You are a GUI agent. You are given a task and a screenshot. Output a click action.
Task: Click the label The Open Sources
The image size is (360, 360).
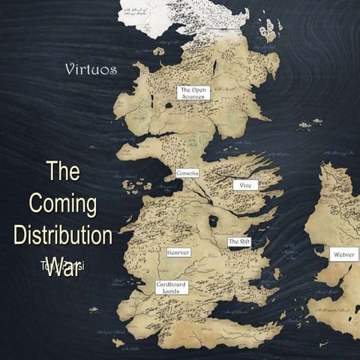[193, 93]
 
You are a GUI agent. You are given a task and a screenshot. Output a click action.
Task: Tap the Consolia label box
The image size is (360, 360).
[187, 173]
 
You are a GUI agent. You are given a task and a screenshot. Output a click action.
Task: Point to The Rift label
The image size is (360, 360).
[239, 241]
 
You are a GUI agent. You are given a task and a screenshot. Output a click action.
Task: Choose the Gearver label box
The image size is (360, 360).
[178, 252]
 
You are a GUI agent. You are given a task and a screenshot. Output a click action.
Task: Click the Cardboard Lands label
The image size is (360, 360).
[172, 286]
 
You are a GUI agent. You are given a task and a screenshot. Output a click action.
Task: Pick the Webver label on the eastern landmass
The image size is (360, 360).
[344, 255]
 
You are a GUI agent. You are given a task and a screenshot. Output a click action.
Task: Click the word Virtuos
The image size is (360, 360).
[91, 70]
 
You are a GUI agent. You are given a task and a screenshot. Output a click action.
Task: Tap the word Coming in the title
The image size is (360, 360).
[64, 203]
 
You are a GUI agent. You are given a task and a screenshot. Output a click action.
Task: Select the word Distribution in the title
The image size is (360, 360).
[63, 235]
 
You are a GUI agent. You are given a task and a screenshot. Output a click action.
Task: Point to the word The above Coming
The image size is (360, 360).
[63, 172]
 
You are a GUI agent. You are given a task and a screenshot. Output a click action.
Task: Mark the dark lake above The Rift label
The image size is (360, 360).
[213, 221]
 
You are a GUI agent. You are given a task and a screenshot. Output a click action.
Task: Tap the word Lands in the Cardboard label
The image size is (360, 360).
[172, 291]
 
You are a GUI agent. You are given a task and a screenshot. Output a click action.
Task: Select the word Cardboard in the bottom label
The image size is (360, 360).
[172, 283]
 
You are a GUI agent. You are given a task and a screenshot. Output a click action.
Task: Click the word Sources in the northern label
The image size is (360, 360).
[193, 97]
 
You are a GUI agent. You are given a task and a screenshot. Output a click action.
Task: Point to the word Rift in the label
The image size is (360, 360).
[244, 241]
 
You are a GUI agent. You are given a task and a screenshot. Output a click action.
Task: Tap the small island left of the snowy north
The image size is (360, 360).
[158, 51]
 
